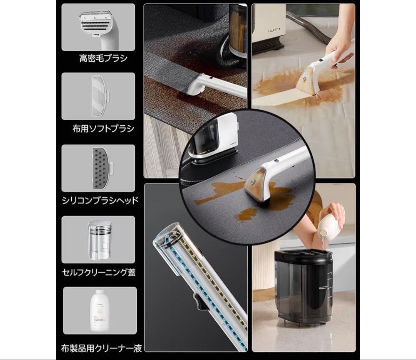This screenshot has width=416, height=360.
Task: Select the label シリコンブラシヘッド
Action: (100, 200)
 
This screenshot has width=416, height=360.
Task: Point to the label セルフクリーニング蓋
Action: (99, 273)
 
